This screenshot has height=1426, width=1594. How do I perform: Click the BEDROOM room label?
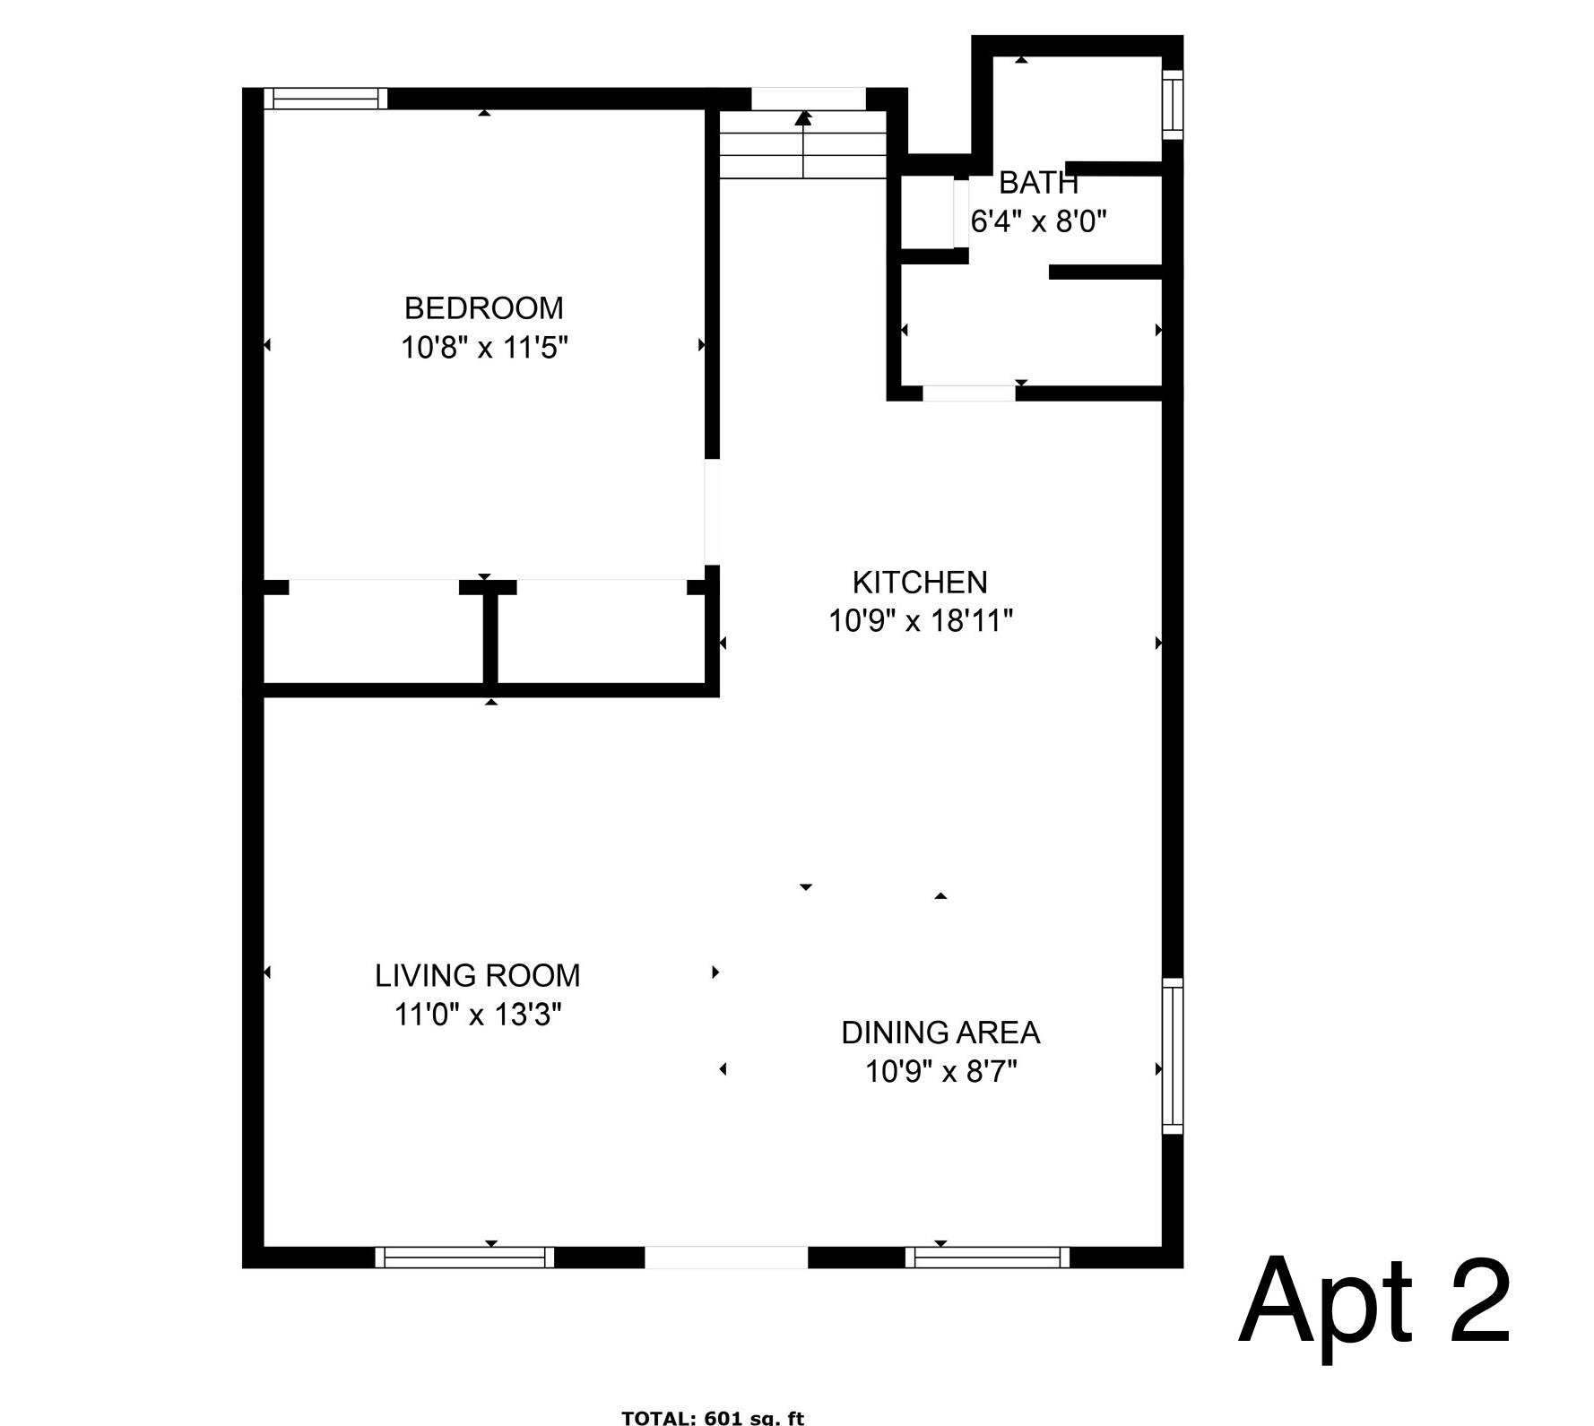483,308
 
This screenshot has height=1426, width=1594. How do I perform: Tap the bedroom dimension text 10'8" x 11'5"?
484,347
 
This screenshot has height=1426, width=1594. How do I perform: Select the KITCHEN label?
920,583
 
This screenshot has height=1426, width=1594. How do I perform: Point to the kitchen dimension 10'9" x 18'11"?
920,620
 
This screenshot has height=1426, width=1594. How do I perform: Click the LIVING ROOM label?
477,975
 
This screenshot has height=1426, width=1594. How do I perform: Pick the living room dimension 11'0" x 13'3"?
478,1015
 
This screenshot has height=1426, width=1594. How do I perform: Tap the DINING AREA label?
940,1033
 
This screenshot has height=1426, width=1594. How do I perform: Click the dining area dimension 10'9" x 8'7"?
940,1071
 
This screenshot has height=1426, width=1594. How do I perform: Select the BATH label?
1038,183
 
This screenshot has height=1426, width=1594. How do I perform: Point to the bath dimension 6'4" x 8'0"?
1038,221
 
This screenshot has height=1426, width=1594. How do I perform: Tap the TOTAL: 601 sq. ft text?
713,1417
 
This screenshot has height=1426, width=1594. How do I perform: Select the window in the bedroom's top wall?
325,99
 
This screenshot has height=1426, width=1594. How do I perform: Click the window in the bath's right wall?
1173,104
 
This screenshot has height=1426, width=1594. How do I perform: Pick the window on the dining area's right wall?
1173,1056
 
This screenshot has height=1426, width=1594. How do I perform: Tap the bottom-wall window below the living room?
464,1257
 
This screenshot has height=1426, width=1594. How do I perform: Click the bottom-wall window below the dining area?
987,1257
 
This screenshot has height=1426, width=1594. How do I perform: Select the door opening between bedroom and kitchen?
713,511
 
